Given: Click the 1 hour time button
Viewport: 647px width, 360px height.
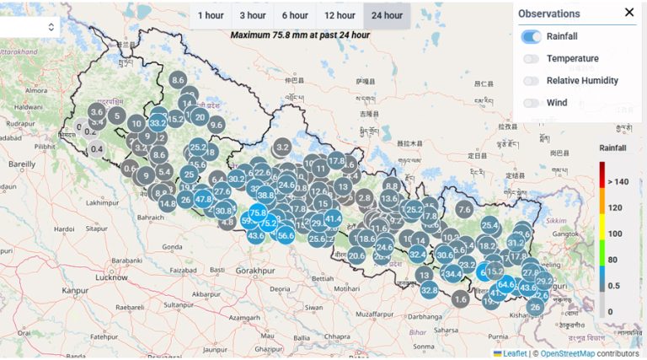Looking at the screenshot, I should tap(211, 15).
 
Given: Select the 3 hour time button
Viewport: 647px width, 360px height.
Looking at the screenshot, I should tap(253, 15).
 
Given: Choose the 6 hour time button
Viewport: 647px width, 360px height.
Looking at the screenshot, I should tap(295, 15).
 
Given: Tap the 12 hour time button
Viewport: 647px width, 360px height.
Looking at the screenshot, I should tap(340, 15).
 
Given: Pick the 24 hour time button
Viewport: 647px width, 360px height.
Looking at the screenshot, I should tap(387, 15).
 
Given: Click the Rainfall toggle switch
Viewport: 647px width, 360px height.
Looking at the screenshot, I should tap(532, 36).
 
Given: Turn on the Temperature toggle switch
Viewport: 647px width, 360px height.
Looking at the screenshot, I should tap(532, 58).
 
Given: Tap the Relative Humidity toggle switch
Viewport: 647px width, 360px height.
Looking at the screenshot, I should tap(532, 81).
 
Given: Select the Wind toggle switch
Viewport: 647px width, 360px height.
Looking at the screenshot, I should tap(532, 103).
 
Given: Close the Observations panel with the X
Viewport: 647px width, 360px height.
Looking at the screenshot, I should tap(629, 13).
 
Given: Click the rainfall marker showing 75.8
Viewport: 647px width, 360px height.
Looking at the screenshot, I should tap(258, 213).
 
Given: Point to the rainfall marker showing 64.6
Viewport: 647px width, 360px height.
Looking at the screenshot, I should tap(505, 285).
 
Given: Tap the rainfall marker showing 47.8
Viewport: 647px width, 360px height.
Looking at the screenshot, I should tap(203, 199).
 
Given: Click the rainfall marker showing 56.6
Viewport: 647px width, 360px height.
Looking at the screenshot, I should tap(285, 235).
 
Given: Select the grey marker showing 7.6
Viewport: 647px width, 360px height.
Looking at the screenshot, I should tap(464, 209).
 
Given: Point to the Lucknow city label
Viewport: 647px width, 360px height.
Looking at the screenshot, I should tap(112, 277).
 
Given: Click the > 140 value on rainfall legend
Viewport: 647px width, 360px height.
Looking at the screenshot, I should tap(623, 182).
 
